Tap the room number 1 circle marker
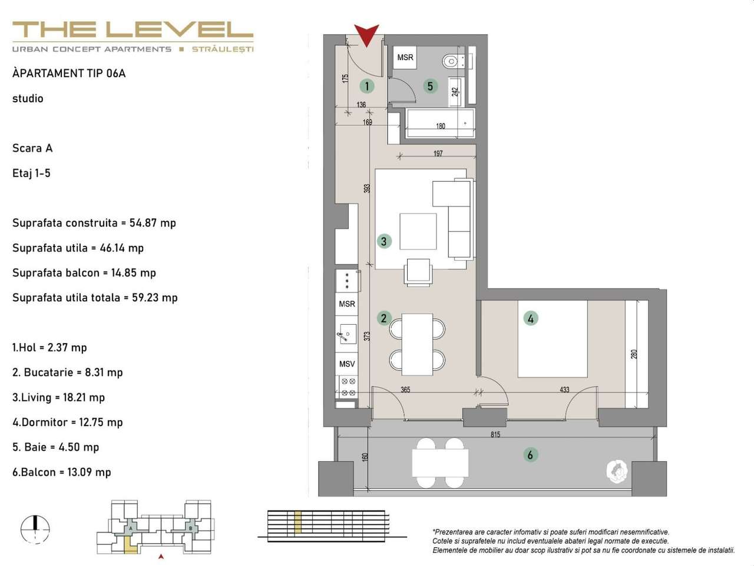[367, 86]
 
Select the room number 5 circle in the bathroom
[430, 86]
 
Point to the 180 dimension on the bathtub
[440, 126]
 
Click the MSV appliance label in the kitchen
[347, 364]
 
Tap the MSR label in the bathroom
[405, 58]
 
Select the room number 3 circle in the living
[384, 241]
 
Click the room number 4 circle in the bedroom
[531, 318]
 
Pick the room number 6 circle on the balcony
[530, 455]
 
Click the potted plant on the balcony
[617, 470]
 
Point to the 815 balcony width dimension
[495, 435]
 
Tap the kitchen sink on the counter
[346, 335]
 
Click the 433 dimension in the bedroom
[564, 389]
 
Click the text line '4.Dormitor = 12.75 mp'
[68, 422]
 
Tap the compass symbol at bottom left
[35, 528]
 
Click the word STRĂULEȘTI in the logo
[223, 49]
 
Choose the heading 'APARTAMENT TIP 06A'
[69, 74]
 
